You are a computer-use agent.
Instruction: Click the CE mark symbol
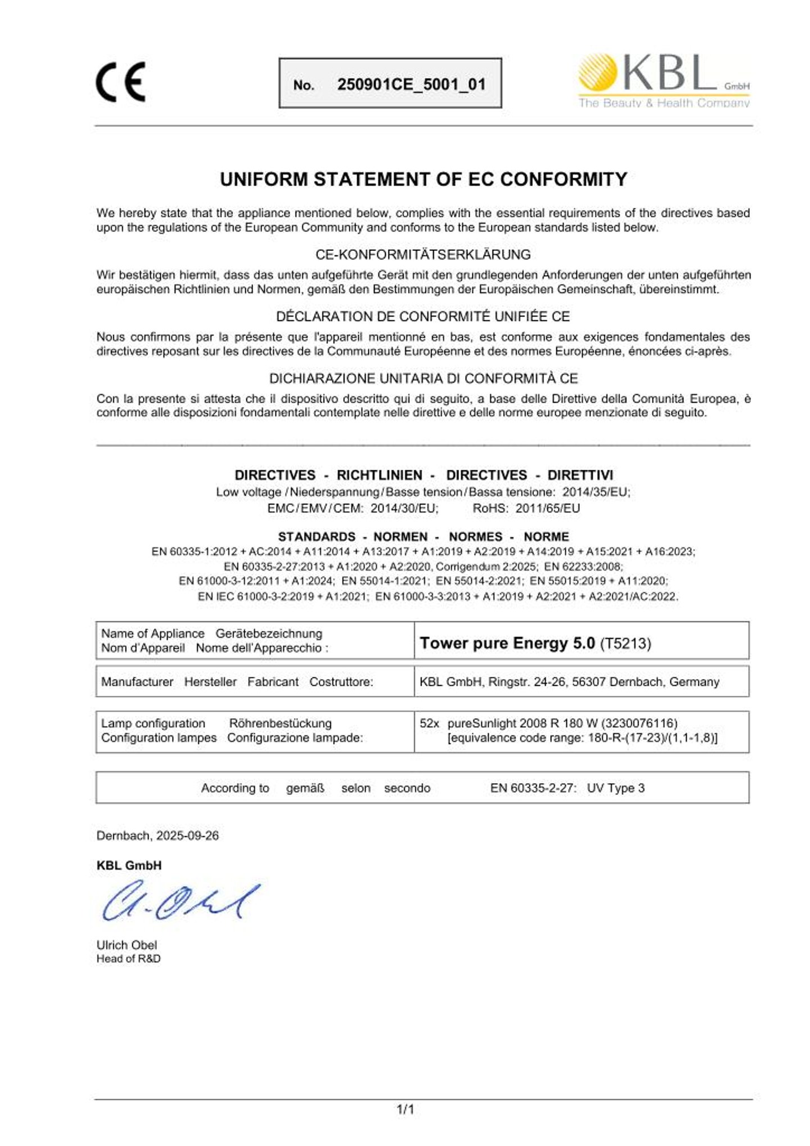click(x=120, y=82)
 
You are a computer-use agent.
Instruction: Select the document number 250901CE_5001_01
click(x=411, y=85)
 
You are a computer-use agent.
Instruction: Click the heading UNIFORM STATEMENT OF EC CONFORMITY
click(x=423, y=179)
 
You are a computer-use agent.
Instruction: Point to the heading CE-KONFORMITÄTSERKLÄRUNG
click(x=422, y=255)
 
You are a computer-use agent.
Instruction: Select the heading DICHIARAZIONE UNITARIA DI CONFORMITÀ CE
click(x=423, y=378)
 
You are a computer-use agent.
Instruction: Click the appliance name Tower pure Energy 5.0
click(x=507, y=643)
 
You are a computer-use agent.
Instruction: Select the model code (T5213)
click(x=625, y=644)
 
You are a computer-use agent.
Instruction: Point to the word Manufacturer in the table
click(x=137, y=682)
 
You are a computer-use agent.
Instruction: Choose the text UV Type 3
click(x=615, y=788)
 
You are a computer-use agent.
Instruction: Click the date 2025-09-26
click(x=187, y=836)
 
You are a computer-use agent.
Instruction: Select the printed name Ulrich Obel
click(x=127, y=945)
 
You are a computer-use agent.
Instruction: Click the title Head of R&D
click(x=128, y=959)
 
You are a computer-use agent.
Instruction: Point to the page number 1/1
click(x=405, y=1110)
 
